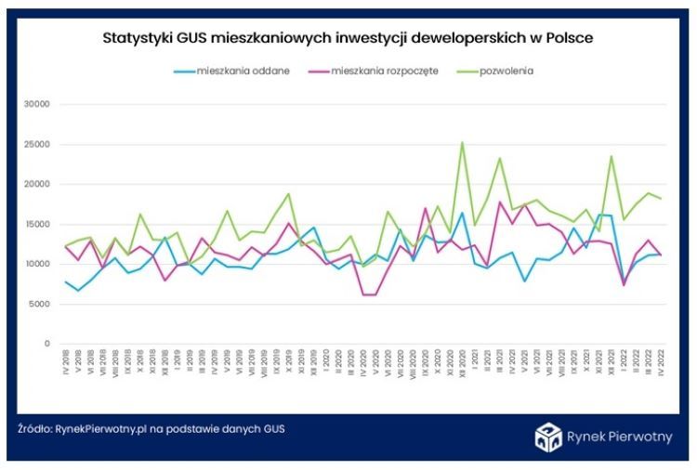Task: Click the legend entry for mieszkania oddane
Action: point(231,71)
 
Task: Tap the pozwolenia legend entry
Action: point(507,71)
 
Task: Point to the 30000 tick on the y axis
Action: point(34,104)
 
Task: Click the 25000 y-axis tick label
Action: point(34,144)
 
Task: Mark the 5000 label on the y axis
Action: point(37,304)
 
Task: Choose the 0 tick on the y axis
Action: point(46,344)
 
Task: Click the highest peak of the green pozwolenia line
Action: point(463,142)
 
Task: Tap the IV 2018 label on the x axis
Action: point(66,365)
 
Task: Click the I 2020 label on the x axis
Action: point(314,363)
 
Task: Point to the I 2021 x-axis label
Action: point(475,363)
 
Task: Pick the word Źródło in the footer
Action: point(34,429)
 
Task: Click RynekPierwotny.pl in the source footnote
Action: point(101,429)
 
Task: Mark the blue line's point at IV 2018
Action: point(66,281)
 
